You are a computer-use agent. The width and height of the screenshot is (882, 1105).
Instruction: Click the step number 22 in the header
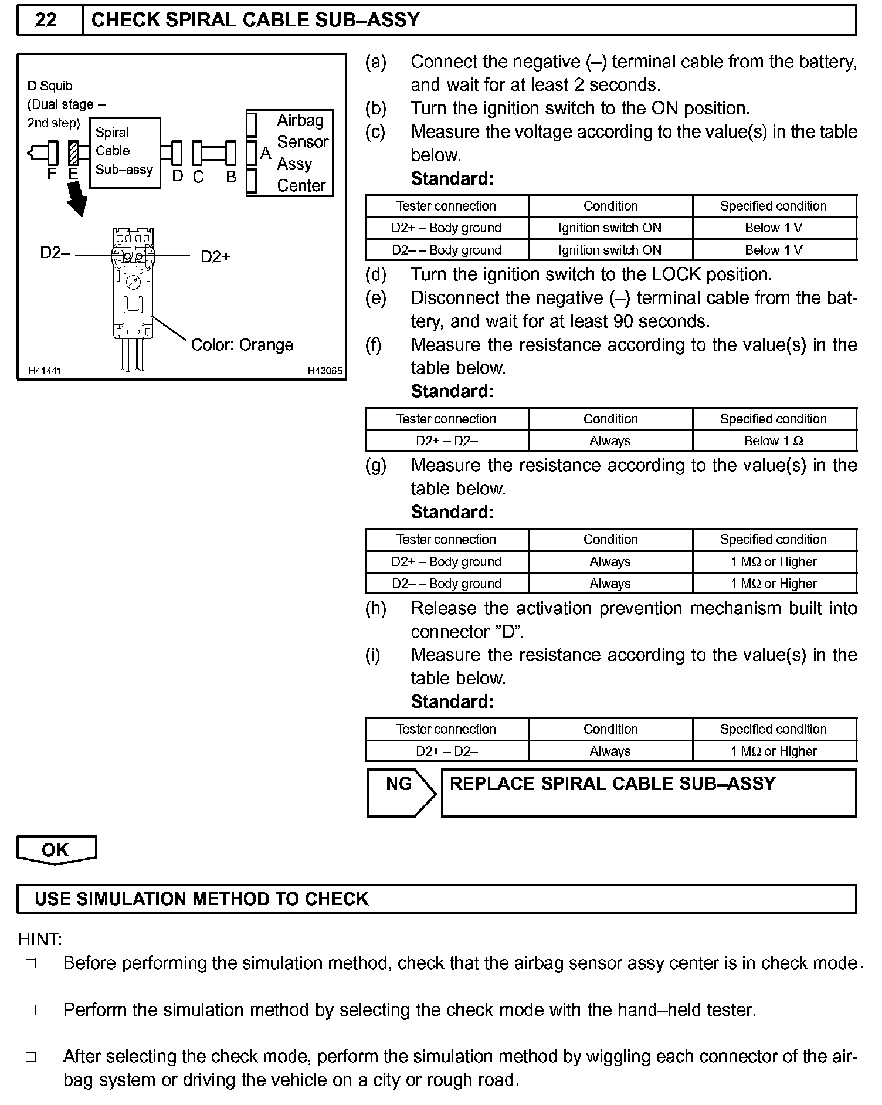[46, 21]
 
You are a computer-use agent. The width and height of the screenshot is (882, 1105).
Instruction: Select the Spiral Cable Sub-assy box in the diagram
[124, 152]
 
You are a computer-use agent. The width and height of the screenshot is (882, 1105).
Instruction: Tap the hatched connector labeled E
[74, 152]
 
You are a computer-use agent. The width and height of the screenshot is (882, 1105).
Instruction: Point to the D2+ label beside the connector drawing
[215, 256]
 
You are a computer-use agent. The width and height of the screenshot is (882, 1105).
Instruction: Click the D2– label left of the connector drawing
[55, 253]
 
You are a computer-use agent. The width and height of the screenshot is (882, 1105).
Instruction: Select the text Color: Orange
[242, 345]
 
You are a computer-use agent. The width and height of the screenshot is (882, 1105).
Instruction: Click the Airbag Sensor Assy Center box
[290, 153]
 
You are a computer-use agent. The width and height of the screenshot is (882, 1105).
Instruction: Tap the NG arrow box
[401, 792]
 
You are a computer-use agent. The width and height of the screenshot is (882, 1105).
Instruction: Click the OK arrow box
[56, 850]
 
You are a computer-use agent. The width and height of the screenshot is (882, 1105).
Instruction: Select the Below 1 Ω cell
[774, 441]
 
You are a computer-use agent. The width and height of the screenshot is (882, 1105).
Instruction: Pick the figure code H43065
[325, 371]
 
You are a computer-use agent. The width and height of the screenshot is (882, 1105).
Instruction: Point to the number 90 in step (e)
[623, 321]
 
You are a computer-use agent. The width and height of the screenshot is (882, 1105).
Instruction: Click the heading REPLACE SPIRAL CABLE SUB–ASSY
[612, 784]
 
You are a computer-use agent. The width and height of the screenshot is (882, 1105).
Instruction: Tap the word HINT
[40, 940]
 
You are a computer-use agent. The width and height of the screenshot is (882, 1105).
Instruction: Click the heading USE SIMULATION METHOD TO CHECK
[201, 899]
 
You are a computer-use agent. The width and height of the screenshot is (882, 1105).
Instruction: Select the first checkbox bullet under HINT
[31, 964]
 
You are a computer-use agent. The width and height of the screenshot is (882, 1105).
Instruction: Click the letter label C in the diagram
[198, 177]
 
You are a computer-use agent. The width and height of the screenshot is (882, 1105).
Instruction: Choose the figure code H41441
[45, 371]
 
